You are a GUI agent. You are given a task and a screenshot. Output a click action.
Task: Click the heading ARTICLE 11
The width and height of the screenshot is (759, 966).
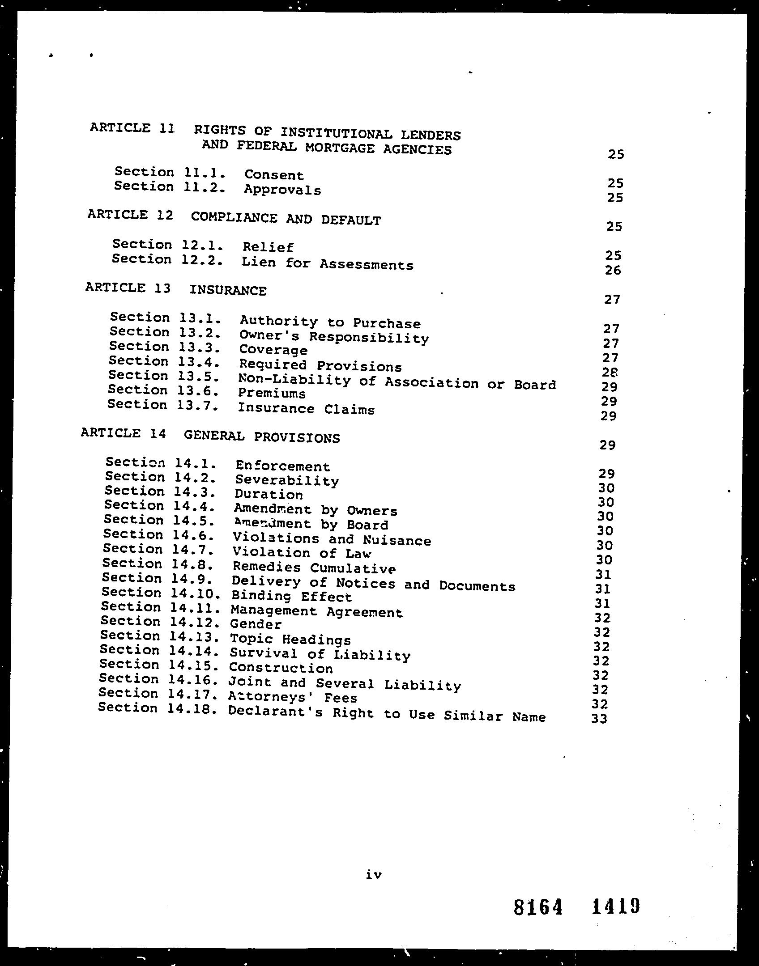pyautogui.click(x=132, y=128)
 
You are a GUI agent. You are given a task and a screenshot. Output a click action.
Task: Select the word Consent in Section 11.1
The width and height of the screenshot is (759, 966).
pyautogui.click(x=274, y=175)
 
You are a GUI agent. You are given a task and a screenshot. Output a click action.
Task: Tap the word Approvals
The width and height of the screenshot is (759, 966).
pyautogui.click(x=282, y=190)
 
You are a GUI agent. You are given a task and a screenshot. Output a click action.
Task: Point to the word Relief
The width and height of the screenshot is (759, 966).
pyautogui.click(x=268, y=247)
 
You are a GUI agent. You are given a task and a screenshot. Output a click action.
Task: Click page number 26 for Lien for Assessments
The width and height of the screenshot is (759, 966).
pyautogui.click(x=613, y=270)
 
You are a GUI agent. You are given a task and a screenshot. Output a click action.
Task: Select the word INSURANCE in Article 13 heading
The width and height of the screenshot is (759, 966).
pyautogui.click(x=227, y=290)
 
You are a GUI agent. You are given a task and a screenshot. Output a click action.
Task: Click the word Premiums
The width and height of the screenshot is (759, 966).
pyautogui.click(x=272, y=394)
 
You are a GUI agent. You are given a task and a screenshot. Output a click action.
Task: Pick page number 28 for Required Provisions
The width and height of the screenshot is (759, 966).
pyautogui.click(x=610, y=372)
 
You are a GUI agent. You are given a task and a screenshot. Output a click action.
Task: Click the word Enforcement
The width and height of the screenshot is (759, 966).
pyautogui.click(x=282, y=466)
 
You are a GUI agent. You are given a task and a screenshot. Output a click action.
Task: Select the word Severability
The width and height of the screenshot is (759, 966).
pyautogui.click(x=287, y=481)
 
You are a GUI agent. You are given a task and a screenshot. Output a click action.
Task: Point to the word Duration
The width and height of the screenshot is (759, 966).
pyautogui.click(x=269, y=495)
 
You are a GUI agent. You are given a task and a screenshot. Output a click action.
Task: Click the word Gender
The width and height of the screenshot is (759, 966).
pyautogui.click(x=256, y=624)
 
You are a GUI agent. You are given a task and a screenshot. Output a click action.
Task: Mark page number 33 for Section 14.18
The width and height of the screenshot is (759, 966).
pyautogui.click(x=599, y=719)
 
